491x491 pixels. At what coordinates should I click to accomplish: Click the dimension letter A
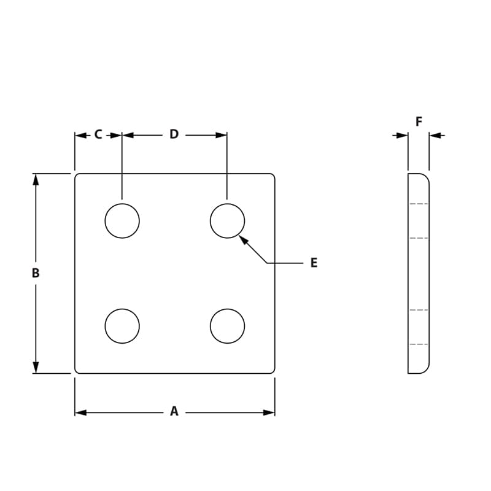point(174,412)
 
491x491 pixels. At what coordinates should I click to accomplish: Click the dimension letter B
point(36,273)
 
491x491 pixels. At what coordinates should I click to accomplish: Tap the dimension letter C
point(98,134)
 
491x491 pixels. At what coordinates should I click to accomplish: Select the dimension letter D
point(174,134)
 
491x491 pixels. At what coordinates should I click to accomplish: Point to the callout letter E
point(314,263)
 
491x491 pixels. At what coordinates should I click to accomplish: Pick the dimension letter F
point(419,122)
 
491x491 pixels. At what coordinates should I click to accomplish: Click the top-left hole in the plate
point(122,221)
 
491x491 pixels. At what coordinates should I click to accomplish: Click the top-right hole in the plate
point(227,221)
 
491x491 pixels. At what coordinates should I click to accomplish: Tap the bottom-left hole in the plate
point(122,326)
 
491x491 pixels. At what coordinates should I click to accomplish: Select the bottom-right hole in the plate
point(227,326)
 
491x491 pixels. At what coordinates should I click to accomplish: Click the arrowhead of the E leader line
point(242,239)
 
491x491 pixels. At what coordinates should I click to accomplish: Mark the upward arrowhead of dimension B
point(36,179)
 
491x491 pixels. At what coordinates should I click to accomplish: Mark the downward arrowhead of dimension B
point(36,367)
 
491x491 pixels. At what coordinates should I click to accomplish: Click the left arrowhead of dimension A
point(80,412)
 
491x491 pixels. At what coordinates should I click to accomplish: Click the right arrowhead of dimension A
point(269,412)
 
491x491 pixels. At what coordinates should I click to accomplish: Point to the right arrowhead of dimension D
point(222,135)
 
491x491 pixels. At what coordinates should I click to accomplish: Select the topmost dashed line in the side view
point(419,204)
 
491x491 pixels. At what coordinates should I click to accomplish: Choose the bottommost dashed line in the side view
point(419,344)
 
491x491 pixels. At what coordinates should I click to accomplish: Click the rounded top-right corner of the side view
point(425,177)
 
